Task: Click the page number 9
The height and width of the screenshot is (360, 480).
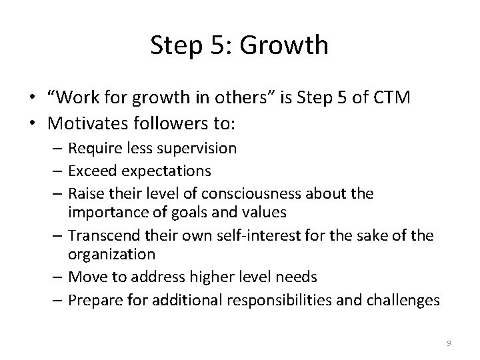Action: coord(449,343)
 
